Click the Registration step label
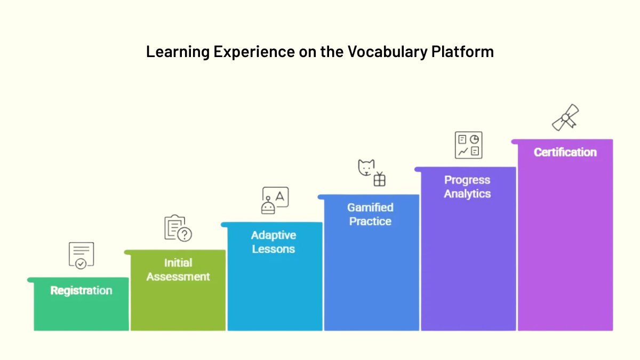coord(81,291)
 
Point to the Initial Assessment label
coord(178,270)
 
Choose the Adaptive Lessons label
coord(274,242)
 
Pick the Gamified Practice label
coord(370,214)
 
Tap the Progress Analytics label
coord(467,187)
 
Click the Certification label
coord(565,153)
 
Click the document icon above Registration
coord(81,255)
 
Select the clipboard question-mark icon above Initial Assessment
coord(178,228)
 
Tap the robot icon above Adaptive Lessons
coord(268,206)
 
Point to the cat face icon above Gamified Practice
coord(366,167)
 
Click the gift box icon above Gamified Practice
coord(379,180)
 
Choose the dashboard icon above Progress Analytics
coord(468,145)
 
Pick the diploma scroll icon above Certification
coord(565,117)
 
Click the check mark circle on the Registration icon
coord(81,263)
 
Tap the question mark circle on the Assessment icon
coord(185,235)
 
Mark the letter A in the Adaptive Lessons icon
coord(281,196)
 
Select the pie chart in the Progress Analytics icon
coord(474,139)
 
